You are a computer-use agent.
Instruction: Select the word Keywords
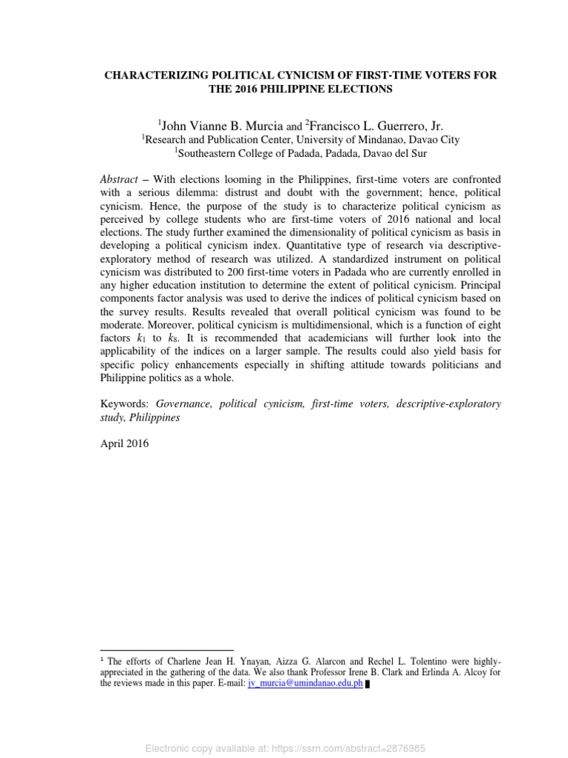click(124, 403)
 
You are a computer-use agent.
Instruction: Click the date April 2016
click(124, 444)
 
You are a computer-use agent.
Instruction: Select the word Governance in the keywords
click(185, 403)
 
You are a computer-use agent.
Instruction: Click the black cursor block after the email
click(368, 684)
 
